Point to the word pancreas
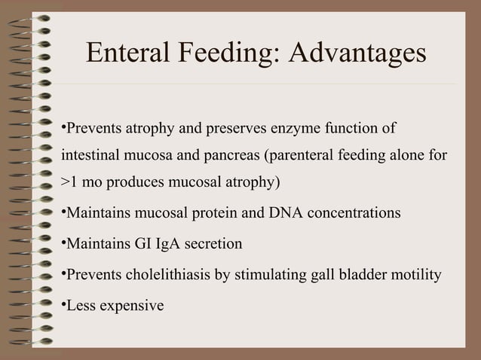pos(231,156)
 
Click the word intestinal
pos(88,156)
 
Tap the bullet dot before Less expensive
pos(63,305)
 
